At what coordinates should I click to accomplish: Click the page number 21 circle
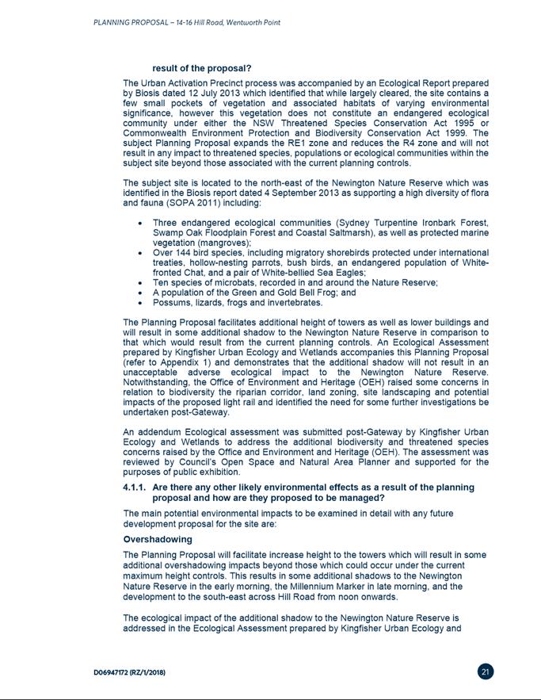click(x=486, y=671)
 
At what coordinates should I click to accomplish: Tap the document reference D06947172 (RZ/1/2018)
click(x=129, y=672)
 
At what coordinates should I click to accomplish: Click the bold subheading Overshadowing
click(x=157, y=540)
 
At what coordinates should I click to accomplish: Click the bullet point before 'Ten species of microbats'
click(x=140, y=283)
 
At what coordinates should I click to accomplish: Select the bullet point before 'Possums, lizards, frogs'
click(x=140, y=303)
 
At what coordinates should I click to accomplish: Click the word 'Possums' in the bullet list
click(x=172, y=303)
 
